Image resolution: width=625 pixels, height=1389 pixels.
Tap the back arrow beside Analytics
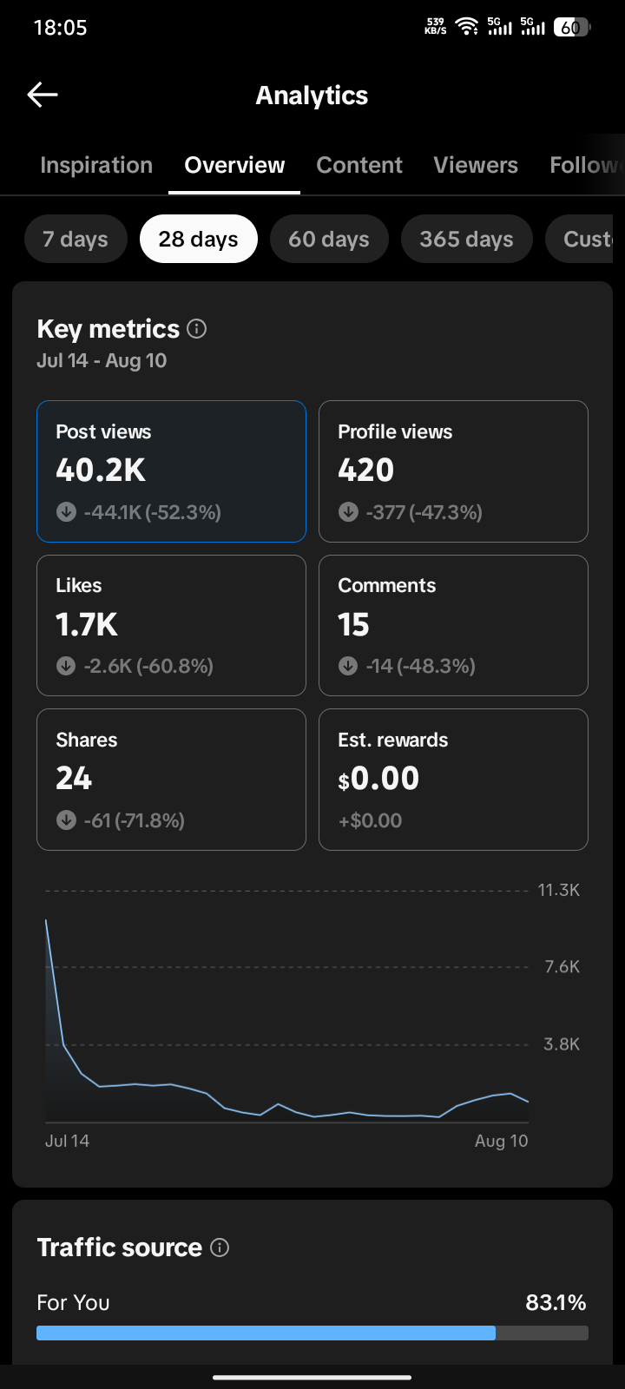[43, 95]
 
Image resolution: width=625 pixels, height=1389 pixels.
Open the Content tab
[359, 165]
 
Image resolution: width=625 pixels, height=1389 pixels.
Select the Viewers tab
[476, 165]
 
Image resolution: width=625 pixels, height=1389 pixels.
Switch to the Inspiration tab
[96, 165]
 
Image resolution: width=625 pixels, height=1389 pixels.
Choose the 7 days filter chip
[76, 239]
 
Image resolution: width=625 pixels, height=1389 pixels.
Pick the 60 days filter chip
[329, 239]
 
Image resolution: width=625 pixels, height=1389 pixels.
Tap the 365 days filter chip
[466, 239]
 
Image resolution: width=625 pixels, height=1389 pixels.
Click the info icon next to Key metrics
[196, 329]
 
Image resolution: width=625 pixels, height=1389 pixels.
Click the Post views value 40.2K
[101, 470]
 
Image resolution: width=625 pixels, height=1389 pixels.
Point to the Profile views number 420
[365, 470]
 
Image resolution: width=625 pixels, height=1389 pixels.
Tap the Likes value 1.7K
[86, 624]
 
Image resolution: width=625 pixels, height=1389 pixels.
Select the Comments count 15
[353, 624]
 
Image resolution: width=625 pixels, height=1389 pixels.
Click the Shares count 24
[74, 778]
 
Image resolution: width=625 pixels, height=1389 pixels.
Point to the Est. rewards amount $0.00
[378, 778]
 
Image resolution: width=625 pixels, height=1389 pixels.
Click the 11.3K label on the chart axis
[559, 890]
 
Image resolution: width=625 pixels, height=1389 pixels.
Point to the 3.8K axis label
[562, 1044]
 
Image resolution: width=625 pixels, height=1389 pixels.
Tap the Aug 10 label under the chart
[501, 1141]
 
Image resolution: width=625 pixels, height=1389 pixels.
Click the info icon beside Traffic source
[220, 1247]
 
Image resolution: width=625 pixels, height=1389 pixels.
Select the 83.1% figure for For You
[556, 1302]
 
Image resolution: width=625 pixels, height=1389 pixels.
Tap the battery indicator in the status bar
[572, 27]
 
